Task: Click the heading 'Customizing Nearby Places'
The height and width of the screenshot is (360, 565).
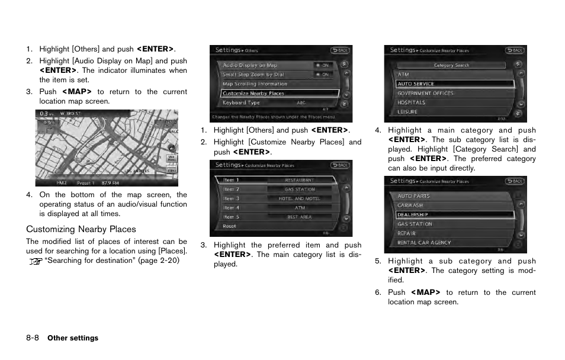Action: click(81, 229)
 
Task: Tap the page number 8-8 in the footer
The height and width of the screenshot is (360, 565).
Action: click(33, 338)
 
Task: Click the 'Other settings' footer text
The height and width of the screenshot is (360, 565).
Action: click(73, 338)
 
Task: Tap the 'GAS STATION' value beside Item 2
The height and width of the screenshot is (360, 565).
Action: click(300, 189)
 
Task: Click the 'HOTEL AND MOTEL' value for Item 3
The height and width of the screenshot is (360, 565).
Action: click(300, 199)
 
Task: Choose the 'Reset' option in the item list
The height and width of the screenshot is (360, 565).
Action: click(229, 226)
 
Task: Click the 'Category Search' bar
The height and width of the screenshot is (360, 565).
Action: click(451, 65)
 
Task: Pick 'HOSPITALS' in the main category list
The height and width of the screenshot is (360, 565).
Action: click(411, 102)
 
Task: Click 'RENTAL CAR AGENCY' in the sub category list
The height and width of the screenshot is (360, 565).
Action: click(424, 243)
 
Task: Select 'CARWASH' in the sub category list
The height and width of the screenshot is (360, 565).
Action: click(410, 205)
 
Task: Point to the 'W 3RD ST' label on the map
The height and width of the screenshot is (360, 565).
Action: click(69, 113)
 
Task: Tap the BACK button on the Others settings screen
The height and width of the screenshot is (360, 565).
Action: click(341, 51)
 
